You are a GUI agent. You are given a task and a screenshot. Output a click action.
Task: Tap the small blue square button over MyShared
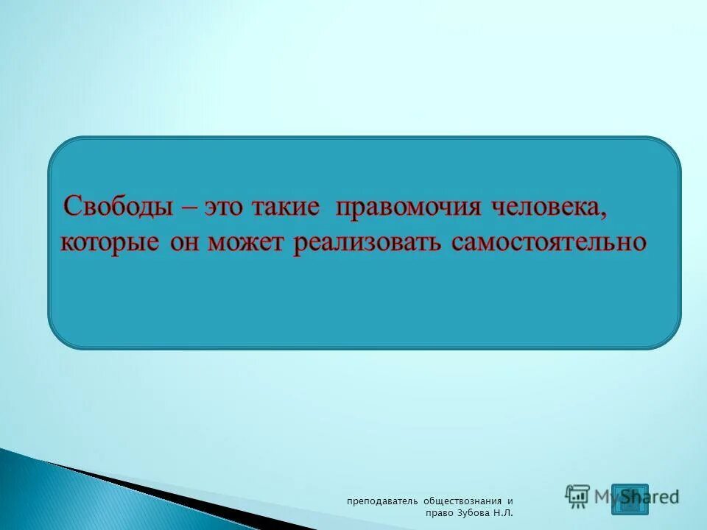(x=630, y=498)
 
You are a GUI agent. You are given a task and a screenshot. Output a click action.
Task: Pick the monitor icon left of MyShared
(x=578, y=495)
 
